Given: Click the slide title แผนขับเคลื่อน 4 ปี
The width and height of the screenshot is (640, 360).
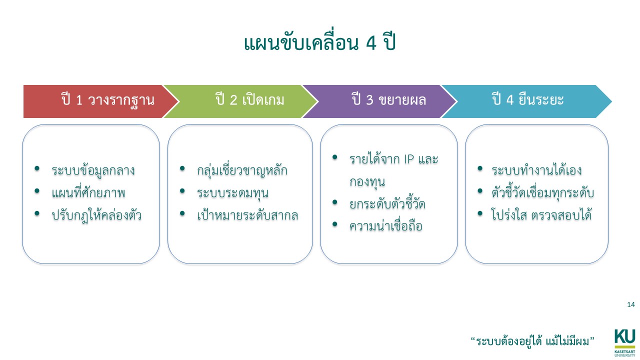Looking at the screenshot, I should pyautogui.click(x=319, y=44).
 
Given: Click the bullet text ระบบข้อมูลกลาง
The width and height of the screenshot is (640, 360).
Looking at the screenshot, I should pyautogui.click(x=93, y=170).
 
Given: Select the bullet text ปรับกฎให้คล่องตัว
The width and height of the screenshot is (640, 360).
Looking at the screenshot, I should pyautogui.click(x=96, y=215).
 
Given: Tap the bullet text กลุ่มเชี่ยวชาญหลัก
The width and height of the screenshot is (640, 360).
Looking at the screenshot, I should pyautogui.click(x=242, y=170).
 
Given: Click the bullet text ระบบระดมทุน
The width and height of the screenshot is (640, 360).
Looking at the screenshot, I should pyautogui.click(x=232, y=193).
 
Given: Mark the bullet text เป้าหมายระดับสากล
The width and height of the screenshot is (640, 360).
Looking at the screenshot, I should pyautogui.click(x=247, y=215).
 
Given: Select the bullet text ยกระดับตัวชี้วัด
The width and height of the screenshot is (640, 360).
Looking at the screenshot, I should pyautogui.click(x=387, y=204).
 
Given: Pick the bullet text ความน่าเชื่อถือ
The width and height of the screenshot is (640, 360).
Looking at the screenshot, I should pyautogui.click(x=386, y=226).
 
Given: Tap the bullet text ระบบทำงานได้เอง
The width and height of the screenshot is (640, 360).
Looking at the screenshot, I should pyautogui.click(x=536, y=170).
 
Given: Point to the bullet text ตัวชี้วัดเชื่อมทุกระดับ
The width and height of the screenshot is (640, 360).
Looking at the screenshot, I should pyautogui.click(x=543, y=193).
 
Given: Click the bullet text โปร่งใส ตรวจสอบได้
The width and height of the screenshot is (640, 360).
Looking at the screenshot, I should pyautogui.click(x=541, y=215).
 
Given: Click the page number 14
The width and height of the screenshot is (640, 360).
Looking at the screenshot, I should pyautogui.click(x=630, y=304).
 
